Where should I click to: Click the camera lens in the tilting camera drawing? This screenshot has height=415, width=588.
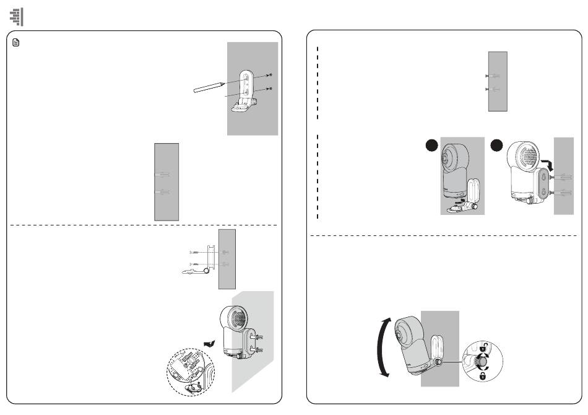(x=401, y=334)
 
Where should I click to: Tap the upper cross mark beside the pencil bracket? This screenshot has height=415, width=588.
(x=270, y=75)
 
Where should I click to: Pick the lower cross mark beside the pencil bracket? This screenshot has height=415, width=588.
(x=270, y=89)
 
